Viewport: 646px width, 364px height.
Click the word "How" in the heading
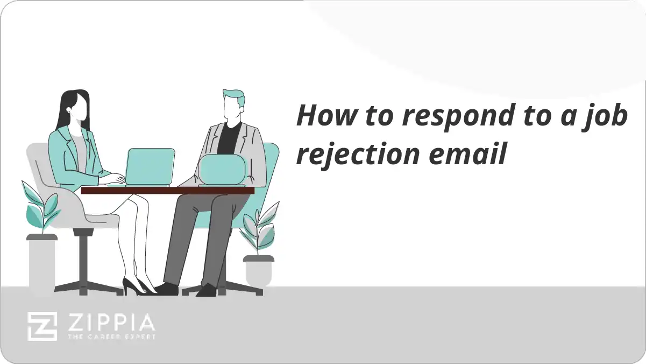pyautogui.click(x=322, y=116)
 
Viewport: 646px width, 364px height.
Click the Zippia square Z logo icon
pyautogui.click(x=42, y=326)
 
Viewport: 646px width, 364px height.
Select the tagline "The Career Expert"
pyautogui.click(x=111, y=337)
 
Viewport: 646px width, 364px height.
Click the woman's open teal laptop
pyautogui.click(x=151, y=166)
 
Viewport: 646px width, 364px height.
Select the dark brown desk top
pyautogui.click(x=167, y=190)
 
